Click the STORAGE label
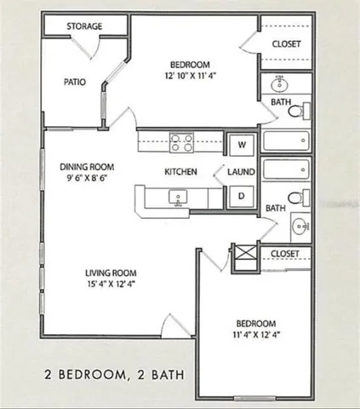pyautogui.click(x=85, y=26)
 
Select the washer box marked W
pyautogui.click(x=242, y=144)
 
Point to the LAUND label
pyautogui.click(x=242, y=171)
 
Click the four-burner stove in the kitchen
pyautogui.click(x=181, y=141)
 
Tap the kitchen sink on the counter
pyautogui.click(x=178, y=199)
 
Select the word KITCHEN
pyautogui.click(x=180, y=171)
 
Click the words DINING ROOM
pyautogui.click(x=87, y=167)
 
